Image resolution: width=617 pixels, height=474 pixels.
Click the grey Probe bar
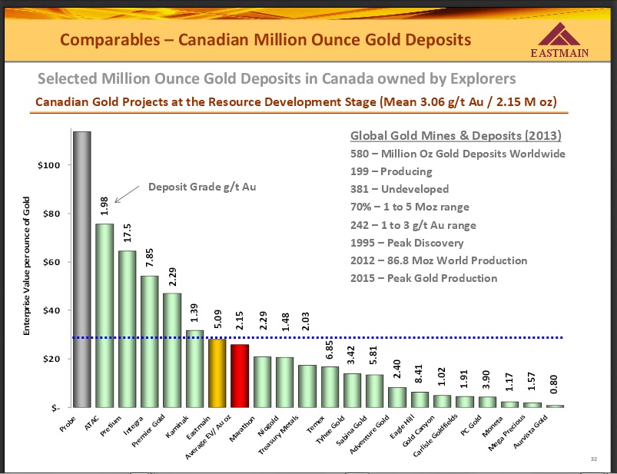(81, 269)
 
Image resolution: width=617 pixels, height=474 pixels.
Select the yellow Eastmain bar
(217, 373)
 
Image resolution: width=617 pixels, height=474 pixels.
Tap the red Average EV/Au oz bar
(240, 376)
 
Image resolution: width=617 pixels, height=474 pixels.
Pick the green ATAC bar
(104, 315)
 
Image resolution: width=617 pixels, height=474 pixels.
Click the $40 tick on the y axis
(51, 310)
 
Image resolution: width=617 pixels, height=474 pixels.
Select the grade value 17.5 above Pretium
(127, 233)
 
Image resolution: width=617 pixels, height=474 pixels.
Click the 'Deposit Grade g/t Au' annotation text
(202, 187)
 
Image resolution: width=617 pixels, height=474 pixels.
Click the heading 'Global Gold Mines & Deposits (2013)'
(456, 136)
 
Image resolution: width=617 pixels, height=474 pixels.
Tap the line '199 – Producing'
(391, 171)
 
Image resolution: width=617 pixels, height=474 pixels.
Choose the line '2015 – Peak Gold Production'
(423, 278)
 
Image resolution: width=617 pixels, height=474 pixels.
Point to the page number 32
(593, 459)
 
